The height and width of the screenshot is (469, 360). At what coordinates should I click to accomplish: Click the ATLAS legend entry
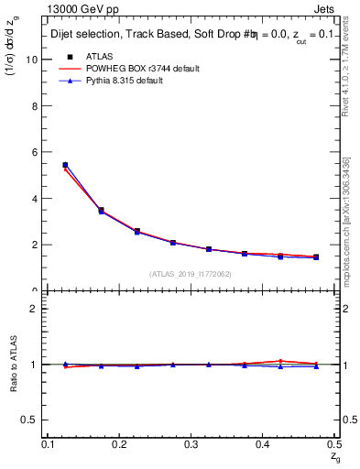pyautogui.click(x=99, y=56)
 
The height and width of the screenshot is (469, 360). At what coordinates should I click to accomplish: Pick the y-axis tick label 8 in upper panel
pyautogui.click(x=34, y=106)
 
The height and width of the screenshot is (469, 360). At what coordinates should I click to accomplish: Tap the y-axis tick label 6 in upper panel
pyautogui.click(x=34, y=152)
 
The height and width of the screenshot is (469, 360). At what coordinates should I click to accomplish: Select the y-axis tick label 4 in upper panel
pyautogui.click(x=34, y=199)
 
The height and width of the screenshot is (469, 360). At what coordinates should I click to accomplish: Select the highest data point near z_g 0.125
pyautogui.click(x=65, y=165)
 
